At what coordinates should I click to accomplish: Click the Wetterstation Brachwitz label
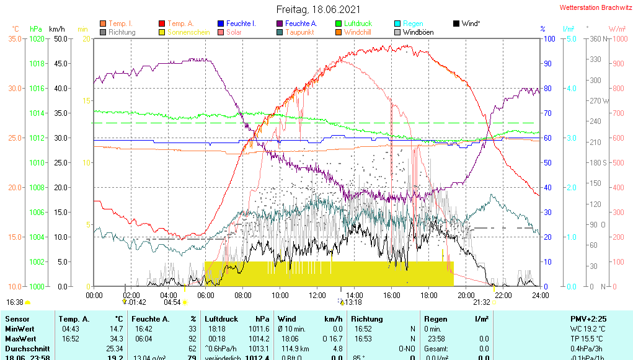[x=595, y=8]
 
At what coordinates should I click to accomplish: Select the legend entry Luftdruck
[x=358, y=24]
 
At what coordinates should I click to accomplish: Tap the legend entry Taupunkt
[x=299, y=32]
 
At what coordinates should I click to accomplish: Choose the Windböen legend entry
[x=419, y=32]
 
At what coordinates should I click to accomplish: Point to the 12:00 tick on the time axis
[x=317, y=296]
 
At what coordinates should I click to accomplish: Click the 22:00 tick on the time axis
[x=503, y=296]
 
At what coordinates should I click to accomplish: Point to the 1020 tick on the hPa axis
[x=37, y=38]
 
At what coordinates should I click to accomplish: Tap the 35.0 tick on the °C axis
[x=15, y=38]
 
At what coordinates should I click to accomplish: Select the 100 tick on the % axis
[x=548, y=38]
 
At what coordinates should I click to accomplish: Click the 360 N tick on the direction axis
[x=595, y=38]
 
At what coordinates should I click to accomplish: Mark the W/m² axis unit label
[x=616, y=29]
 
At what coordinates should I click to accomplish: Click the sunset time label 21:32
[x=482, y=302]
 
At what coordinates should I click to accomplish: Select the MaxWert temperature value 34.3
[x=117, y=338]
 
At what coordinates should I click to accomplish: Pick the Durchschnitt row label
[x=23, y=348]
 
